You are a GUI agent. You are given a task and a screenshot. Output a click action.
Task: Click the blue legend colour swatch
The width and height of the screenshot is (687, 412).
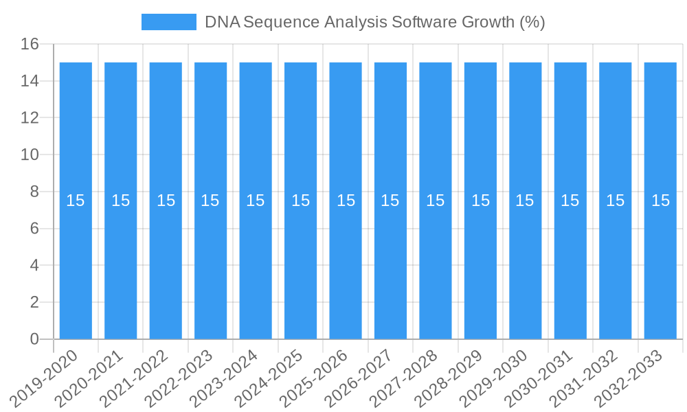[x=168, y=22]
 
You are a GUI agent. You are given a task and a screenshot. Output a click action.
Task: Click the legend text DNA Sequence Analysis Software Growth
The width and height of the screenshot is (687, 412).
[x=374, y=22]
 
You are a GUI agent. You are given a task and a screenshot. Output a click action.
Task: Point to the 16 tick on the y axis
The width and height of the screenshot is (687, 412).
[x=30, y=45]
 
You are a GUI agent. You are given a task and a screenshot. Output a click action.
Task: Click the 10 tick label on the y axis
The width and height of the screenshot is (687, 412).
[x=30, y=155]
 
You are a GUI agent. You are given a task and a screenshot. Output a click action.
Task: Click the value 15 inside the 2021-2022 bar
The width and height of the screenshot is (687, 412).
[x=166, y=201]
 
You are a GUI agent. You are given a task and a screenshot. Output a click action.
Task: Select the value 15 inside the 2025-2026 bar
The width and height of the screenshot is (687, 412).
[x=346, y=201]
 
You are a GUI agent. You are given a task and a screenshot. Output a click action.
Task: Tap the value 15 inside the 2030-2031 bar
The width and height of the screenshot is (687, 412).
[x=570, y=201]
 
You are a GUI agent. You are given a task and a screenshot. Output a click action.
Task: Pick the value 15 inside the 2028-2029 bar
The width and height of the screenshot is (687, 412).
[x=480, y=201]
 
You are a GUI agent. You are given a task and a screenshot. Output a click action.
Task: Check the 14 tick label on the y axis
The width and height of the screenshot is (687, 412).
[x=30, y=82]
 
